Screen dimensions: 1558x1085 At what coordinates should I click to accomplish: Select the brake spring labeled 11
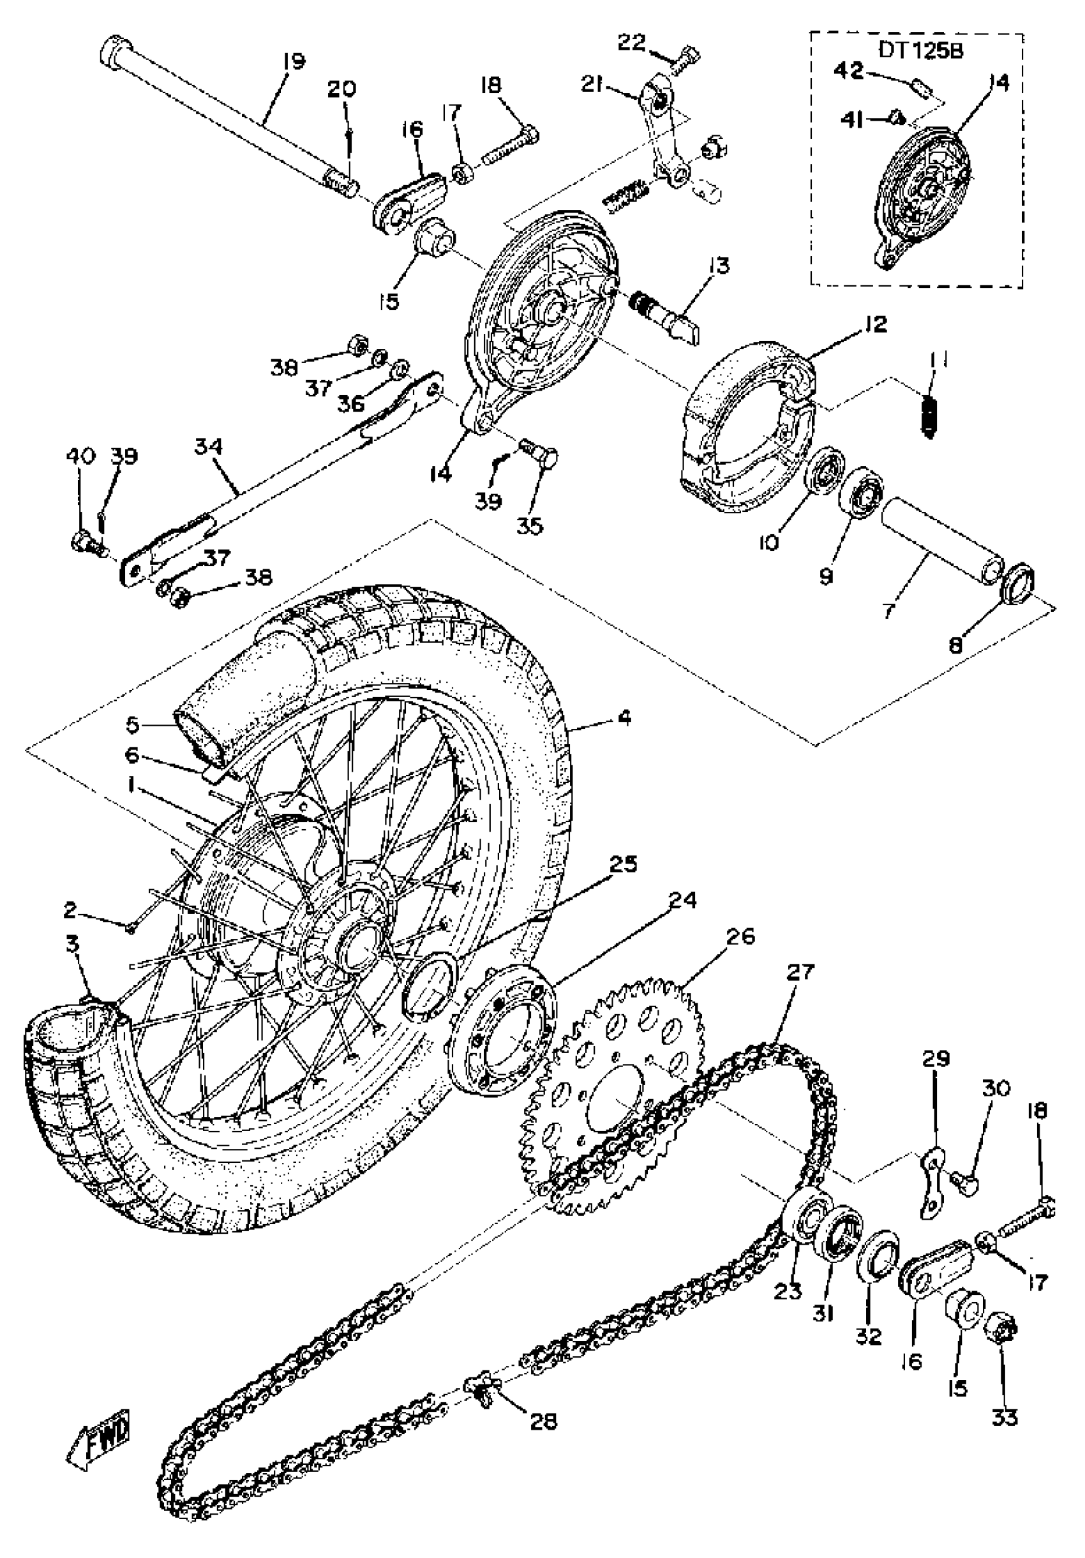931,415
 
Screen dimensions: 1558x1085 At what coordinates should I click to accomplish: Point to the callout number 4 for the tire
624,717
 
